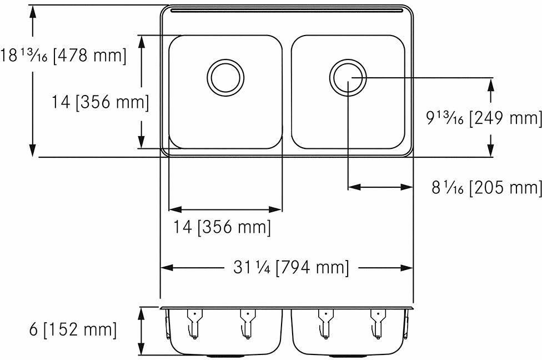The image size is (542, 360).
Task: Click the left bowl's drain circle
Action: point(225,76)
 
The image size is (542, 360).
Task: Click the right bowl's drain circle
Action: point(348,77)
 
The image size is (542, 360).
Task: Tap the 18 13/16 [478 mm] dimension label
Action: point(63,56)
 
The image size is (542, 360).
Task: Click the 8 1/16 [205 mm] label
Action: point(486,188)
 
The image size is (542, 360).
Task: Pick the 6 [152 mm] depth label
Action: point(59,329)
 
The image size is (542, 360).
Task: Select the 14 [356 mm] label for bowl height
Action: point(100,102)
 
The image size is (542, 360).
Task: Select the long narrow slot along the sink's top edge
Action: point(286,11)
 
